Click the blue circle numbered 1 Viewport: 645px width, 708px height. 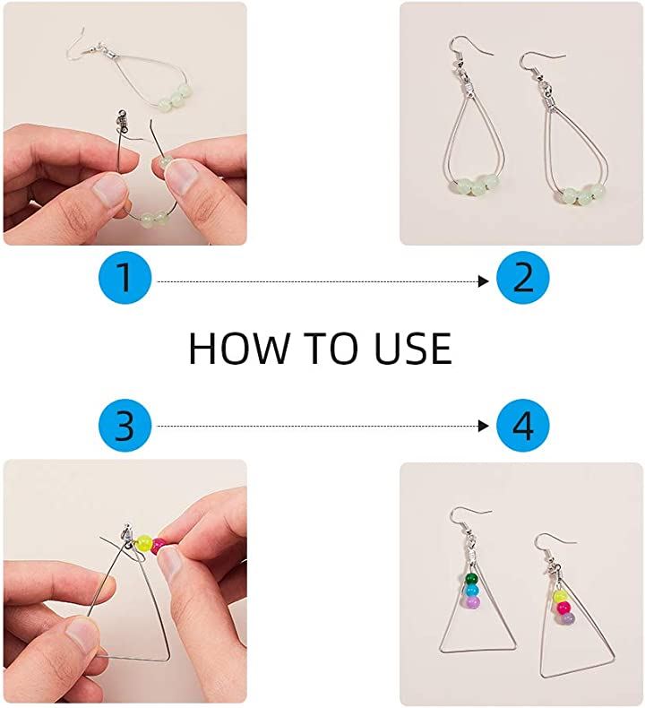tap(125, 277)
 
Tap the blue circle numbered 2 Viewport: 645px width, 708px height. tap(522, 277)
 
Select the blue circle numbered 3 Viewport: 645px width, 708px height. tap(125, 425)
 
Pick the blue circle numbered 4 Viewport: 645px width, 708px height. tap(522, 425)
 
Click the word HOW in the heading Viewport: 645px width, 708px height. tap(238, 348)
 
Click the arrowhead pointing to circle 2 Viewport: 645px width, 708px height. tap(484, 281)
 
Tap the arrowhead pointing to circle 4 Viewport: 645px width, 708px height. tap(484, 426)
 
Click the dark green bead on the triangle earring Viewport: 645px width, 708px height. tap(470, 579)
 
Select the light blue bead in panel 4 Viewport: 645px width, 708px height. tap(471, 591)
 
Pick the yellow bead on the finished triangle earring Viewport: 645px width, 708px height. tap(560, 596)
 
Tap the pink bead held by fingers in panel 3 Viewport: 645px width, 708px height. tap(158, 546)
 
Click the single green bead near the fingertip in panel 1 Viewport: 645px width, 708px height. tap(165, 161)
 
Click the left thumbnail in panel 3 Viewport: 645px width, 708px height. tap(82, 635)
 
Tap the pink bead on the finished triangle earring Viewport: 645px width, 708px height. tap(563, 608)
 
